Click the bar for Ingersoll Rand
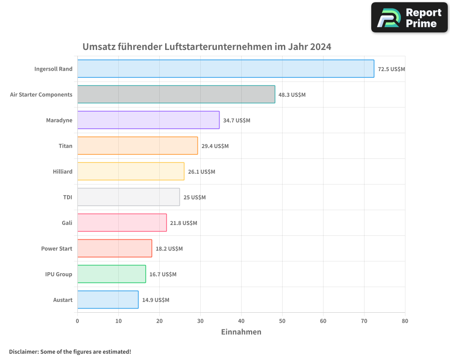tap(225, 69)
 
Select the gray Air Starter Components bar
tap(176, 94)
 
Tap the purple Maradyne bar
tap(148, 120)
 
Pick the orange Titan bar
tap(137, 146)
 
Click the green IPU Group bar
tap(112, 274)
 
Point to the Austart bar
tap(108, 300)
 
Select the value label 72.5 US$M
tap(391, 69)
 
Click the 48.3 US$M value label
tap(292, 95)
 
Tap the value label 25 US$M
tap(194, 198)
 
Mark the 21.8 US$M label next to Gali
tap(184, 223)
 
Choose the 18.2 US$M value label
tap(169, 249)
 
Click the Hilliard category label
tap(63, 172)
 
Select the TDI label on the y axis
tap(67, 198)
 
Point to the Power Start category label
tap(57, 249)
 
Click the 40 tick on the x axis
tap(241, 321)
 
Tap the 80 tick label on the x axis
tap(405, 321)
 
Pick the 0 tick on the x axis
tap(77, 321)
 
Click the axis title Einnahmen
tap(241, 332)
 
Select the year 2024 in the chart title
tap(320, 47)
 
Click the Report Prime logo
tap(409, 18)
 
